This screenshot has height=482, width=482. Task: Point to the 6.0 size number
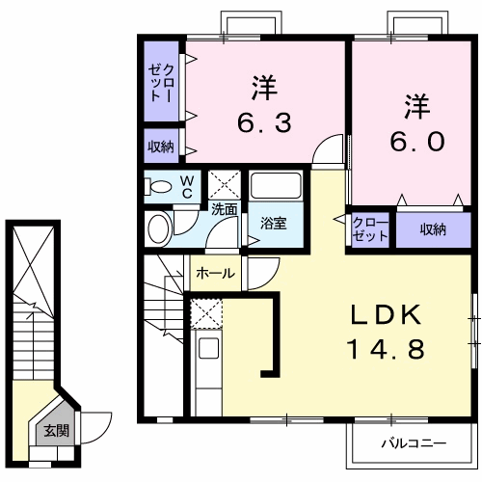[416, 141]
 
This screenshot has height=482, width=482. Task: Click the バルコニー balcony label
[412, 444]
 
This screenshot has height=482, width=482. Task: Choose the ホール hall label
[215, 274]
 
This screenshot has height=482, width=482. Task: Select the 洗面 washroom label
[225, 207]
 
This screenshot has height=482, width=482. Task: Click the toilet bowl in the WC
[161, 187]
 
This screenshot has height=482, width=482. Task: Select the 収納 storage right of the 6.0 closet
[433, 229]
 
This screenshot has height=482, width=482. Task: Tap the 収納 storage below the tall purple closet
[161, 147]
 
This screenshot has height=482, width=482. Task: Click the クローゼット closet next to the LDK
[369, 229]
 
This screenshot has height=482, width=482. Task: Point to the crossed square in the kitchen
[206, 313]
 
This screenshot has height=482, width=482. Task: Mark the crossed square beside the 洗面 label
[228, 183]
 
